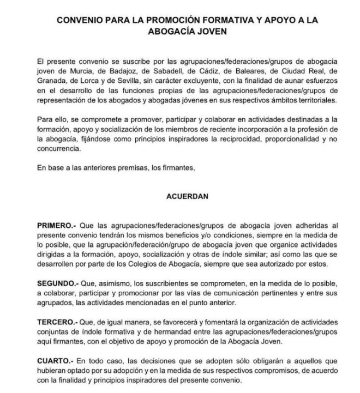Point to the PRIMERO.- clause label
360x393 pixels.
57,225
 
